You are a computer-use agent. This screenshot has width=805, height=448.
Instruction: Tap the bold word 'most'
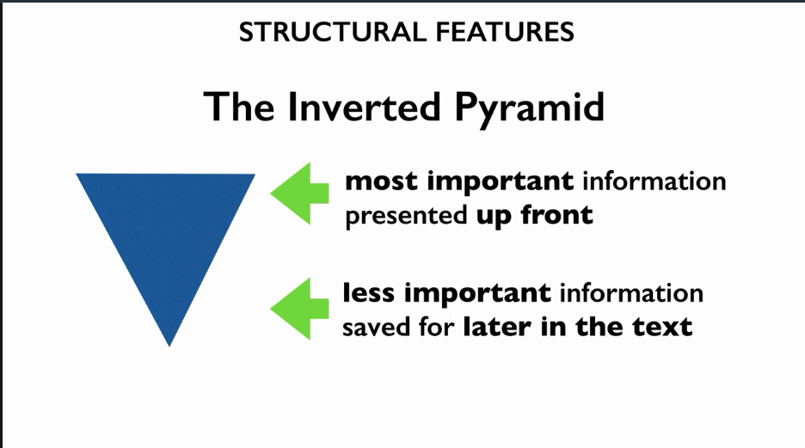coord(382,181)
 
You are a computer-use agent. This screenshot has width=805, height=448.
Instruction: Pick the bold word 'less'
coord(370,293)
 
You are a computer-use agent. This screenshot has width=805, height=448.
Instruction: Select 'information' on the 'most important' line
coord(654,181)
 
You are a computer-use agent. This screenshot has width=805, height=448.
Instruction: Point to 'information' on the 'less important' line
coord(631,293)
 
